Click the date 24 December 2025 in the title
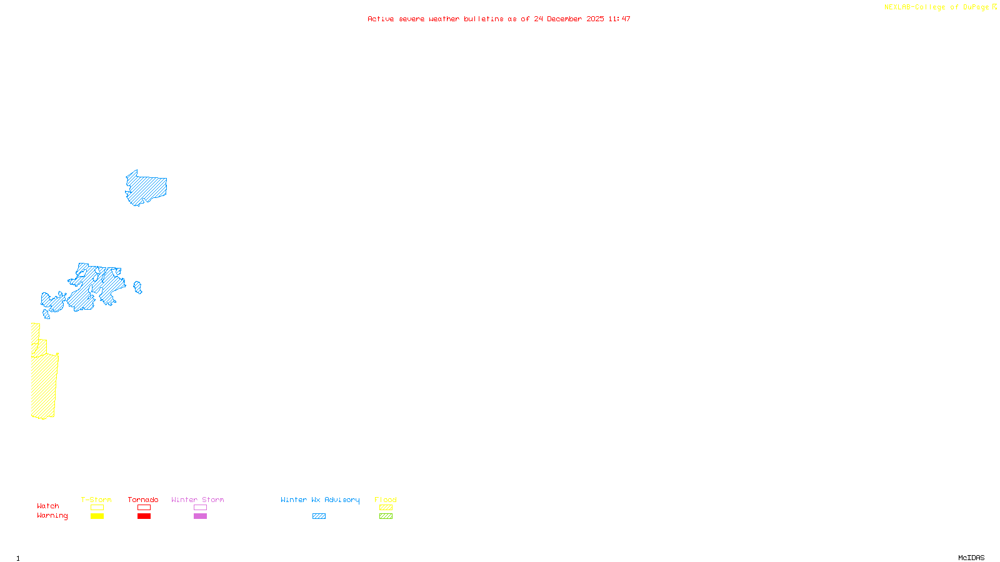pos(569,19)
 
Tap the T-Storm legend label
pos(96,500)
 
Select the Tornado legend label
pos(143,500)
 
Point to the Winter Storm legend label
pos(197,500)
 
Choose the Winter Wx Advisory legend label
pos(320,500)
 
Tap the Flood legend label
pos(386,500)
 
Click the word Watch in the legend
pos(48,506)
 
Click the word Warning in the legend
pos(52,516)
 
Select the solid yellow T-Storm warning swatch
pos(97,516)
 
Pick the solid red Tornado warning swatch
pos(144,516)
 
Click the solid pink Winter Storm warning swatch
pos(200,516)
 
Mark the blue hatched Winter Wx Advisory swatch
pos(319,516)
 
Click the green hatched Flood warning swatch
pos(386,516)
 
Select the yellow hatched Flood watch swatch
pos(386,508)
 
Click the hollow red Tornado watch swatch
pos(144,508)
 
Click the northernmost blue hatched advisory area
pos(147,188)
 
